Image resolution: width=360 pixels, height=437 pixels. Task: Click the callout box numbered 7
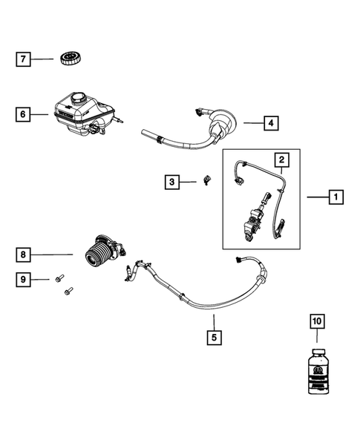(24, 59)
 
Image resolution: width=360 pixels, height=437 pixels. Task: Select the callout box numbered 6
(24, 114)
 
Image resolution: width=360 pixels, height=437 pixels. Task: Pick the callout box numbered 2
(281, 160)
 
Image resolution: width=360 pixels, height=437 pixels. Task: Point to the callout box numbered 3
(171, 181)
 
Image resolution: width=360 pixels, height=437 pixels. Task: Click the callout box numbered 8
(24, 254)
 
